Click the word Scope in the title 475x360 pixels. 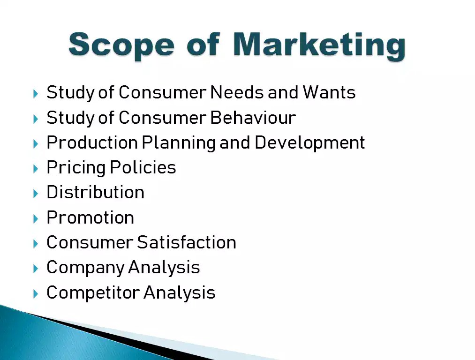(x=121, y=45)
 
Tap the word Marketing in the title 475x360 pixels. (x=318, y=45)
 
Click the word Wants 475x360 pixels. (x=329, y=92)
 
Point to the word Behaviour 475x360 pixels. (x=253, y=118)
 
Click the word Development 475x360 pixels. (x=309, y=142)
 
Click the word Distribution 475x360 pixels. (x=95, y=193)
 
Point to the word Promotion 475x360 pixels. (x=90, y=217)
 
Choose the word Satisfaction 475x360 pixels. (x=187, y=242)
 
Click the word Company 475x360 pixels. (x=85, y=268)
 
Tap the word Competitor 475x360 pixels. (x=93, y=292)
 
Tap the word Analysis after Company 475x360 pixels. (x=164, y=268)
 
